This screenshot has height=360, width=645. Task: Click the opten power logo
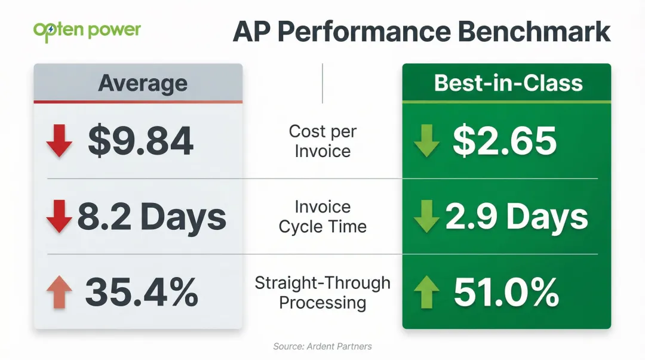[x=87, y=30]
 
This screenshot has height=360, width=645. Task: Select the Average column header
[x=143, y=83]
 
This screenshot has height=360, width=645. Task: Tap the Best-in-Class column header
[x=508, y=83]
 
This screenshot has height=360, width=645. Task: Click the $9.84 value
[x=141, y=142]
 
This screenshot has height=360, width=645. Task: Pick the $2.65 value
[x=505, y=142]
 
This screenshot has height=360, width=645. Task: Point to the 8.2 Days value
[x=152, y=217]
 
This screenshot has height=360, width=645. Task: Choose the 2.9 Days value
[x=517, y=217]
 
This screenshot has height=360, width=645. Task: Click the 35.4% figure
[x=141, y=293]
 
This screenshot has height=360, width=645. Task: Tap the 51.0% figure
[x=506, y=293]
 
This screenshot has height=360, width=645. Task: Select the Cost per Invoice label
[x=322, y=141]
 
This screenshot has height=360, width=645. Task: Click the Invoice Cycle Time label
[x=322, y=217]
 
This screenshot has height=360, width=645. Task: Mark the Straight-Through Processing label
[x=322, y=293]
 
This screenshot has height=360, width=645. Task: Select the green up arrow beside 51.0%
[x=426, y=293]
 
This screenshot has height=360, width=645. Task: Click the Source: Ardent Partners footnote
[x=322, y=346]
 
